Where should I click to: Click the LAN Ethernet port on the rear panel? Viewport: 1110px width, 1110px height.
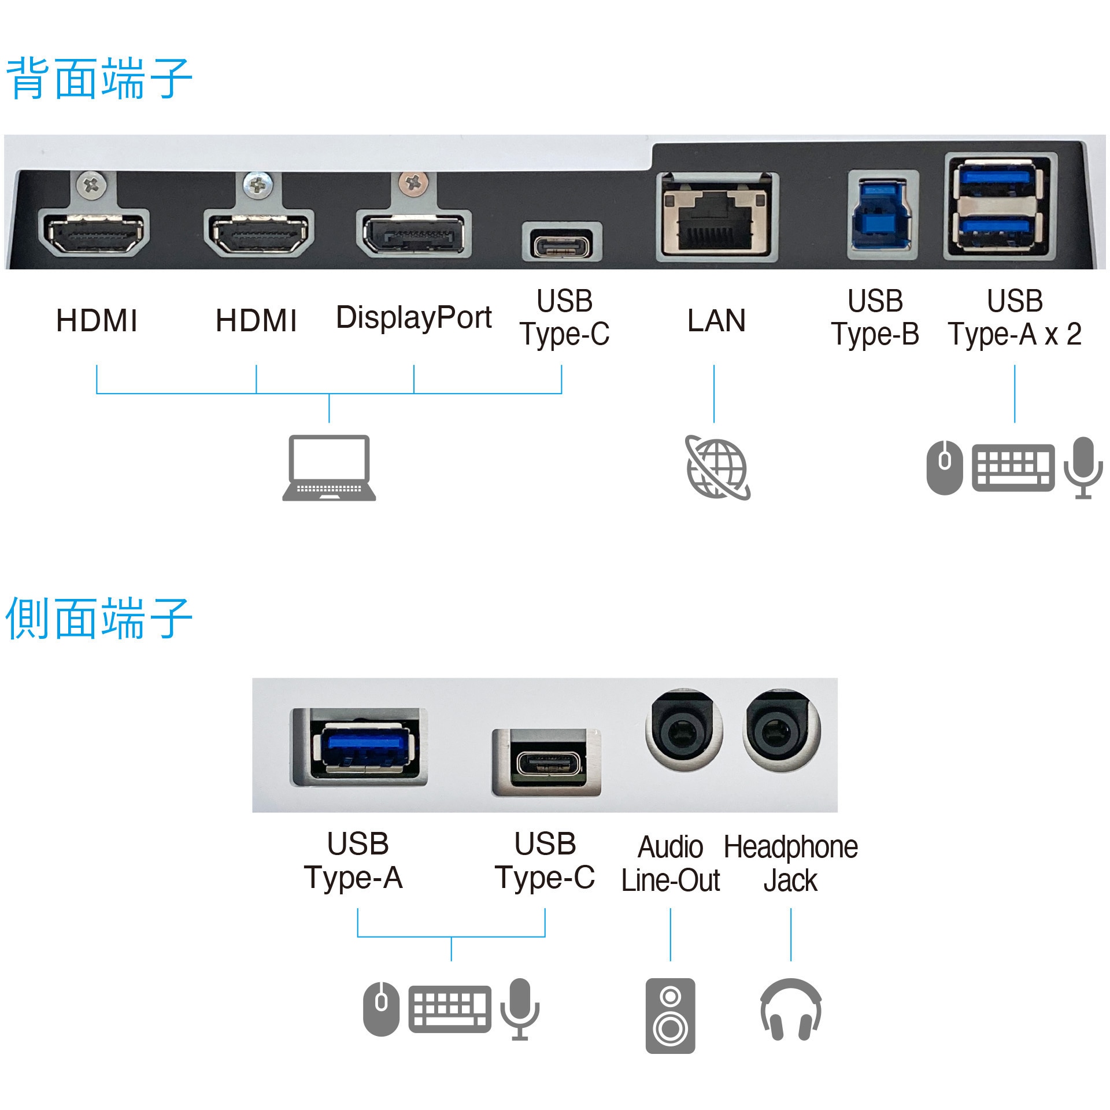coord(717,217)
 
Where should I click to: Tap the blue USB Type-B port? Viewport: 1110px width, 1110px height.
coord(882,214)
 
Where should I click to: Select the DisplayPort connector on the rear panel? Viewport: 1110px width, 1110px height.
coord(413,234)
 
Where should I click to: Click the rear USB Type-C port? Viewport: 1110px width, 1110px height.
coord(562,242)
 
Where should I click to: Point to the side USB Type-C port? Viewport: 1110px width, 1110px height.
coord(546,763)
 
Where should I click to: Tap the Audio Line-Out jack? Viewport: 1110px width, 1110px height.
coord(684,734)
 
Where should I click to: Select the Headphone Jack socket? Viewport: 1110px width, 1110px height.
coord(781,734)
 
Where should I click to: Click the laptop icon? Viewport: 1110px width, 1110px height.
coord(329,468)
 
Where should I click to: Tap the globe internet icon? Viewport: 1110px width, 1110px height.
coord(717,468)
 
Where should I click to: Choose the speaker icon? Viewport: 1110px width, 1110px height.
coord(670,1016)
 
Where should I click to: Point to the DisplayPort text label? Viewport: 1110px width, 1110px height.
coord(413,317)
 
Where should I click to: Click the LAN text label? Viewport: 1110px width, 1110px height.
coord(716,320)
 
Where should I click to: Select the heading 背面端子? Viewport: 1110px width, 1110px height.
coord(98,79)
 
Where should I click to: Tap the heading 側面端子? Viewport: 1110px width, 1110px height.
coord(98,619)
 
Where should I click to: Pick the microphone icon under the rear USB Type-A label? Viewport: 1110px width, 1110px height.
coord(1083,467)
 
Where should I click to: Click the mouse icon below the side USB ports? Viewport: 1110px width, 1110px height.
coord(381,1009)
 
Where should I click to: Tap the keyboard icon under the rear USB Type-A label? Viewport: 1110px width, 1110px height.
coord(1013,467)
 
